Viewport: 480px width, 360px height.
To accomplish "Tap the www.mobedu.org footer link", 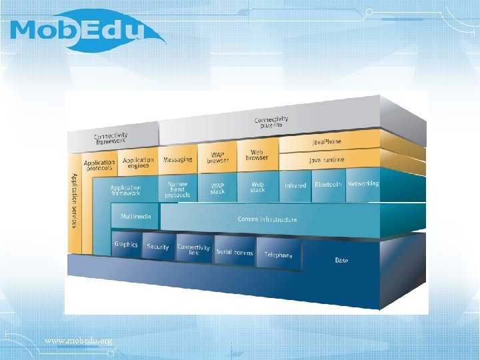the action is (x=78, y=341).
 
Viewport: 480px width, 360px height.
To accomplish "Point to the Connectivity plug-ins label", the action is (x=273, y=123).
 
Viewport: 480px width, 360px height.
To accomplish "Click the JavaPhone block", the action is (x=327, y=143).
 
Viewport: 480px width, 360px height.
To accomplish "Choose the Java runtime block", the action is (x=327, y=161).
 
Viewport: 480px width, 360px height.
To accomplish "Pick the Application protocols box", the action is (x=99, y=165).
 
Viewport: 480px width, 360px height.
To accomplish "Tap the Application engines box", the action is (x=138, y=162).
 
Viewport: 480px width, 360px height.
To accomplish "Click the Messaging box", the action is (x=177, y=160).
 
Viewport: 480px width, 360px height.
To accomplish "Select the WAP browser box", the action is (x=217, y=158).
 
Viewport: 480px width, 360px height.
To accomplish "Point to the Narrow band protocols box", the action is (x=177, y=190).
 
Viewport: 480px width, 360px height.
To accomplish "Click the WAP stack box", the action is (x=218, y=189).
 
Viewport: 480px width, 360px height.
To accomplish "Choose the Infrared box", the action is (x=295, y=186).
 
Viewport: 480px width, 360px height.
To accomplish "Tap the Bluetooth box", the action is (x=328, y=185).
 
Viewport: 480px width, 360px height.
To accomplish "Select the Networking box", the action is (x=363, y=183).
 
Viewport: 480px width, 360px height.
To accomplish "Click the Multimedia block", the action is (x=135, y=217).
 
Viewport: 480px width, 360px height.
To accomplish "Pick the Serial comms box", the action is (x=234, y=253).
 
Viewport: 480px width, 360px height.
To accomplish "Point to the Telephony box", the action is (x=279, y=255).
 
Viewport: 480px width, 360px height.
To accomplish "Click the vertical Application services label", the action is (x=74, y=200).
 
